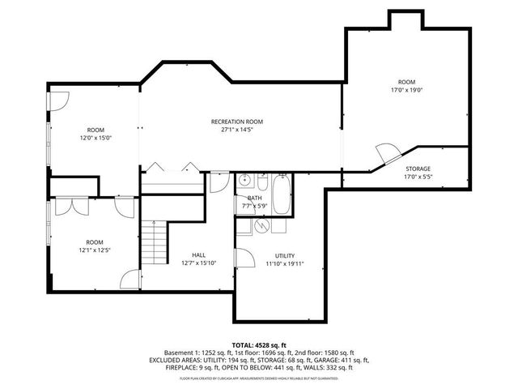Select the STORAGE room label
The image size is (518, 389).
(418, 169)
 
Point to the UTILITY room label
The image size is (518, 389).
(284, 254)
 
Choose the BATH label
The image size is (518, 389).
(255, 198)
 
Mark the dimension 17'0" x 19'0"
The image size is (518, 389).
(406, 90)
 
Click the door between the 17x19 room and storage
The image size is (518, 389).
(387, 152)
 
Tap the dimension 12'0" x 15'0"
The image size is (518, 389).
(96, 139)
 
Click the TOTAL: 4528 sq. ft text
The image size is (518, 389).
(259, 344)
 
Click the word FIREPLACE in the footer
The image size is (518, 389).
(167, 367)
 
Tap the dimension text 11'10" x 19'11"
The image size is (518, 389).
(284, 263)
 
